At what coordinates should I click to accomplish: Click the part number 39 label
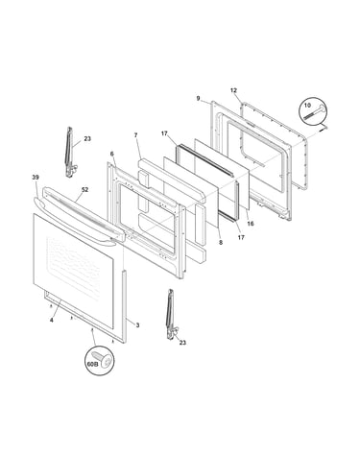pos(36,178)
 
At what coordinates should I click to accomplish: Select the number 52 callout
pos(84,190)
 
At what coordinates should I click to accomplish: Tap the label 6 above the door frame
pos(111,155)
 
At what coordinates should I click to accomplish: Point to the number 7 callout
pos(135,135)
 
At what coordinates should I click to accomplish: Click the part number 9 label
pos(198,99)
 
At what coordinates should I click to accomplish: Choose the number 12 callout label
pos(233,90)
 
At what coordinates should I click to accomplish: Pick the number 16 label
pos(251,224)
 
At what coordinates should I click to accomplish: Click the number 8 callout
pos(221,243)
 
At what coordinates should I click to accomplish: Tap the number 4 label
pos(52,320)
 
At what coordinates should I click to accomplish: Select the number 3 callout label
pos(137,325)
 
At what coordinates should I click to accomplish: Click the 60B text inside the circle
pos(92,364)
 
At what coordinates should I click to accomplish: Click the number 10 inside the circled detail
pos(307,106)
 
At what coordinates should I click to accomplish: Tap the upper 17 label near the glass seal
pos(164,133)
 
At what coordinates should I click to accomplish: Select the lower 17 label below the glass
pos(241,237)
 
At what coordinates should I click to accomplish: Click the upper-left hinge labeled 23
pos(70,152)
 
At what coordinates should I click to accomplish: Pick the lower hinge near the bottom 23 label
pos(172,314)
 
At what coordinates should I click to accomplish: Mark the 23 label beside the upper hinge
pos(87,139)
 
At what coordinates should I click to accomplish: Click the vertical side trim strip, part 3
pos(124,306)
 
